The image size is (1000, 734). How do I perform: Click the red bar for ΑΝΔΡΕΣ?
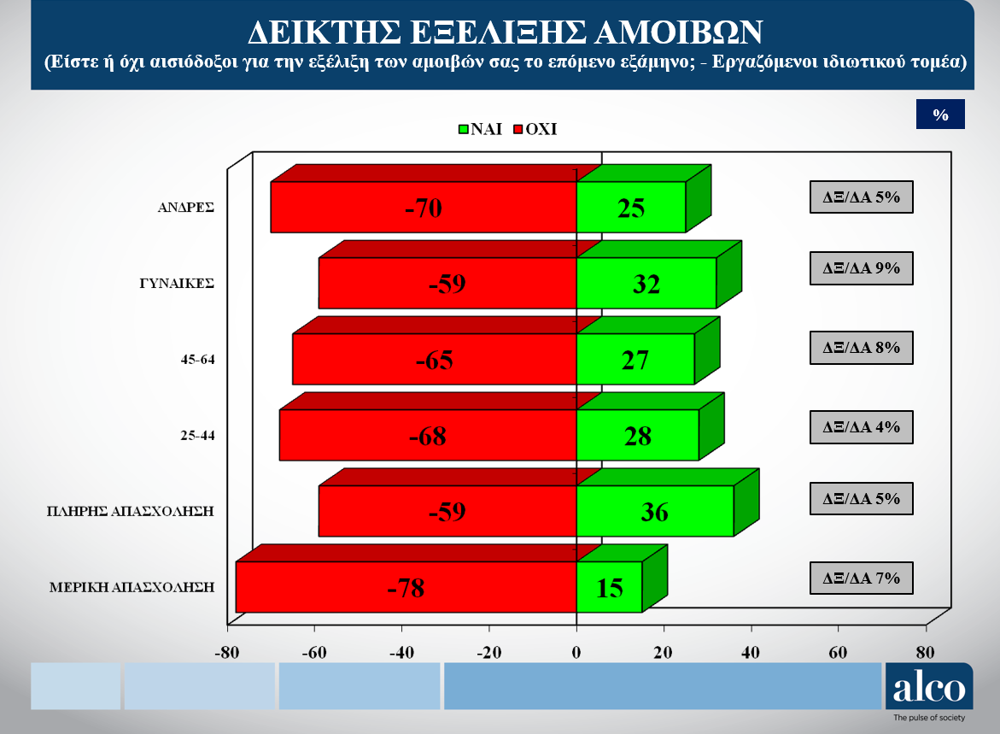click(424, 207)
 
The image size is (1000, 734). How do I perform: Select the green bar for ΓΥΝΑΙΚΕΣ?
click(646, 283)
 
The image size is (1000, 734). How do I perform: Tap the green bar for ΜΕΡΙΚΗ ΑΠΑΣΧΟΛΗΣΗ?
click(609, 587)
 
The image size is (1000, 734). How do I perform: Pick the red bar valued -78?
click(406, 587)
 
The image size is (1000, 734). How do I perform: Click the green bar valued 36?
click(655, 511)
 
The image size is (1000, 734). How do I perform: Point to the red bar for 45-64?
click(435, 360)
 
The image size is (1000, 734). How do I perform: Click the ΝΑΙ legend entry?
click(480, 129)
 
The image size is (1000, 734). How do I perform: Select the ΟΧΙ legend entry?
click(535, 129)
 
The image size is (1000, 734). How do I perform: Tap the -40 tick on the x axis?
click(401, 652)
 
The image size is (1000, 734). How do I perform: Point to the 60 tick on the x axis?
click(838, 652)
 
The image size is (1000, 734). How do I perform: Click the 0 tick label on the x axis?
click(576, 652)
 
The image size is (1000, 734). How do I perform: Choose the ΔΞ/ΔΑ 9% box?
click(861, 268)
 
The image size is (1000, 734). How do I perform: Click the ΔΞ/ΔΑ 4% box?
click(861, 427)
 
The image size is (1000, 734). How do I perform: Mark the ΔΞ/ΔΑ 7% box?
click(861, 578)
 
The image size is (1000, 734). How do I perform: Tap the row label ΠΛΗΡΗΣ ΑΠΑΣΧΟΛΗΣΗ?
click(130, 511)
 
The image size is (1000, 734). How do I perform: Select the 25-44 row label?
click(198, 435)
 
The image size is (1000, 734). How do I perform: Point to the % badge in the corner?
click(941, 115)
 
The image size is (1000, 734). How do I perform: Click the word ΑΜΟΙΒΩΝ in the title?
click(679, 32)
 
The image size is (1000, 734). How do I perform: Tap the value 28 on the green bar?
click(638, 436)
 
